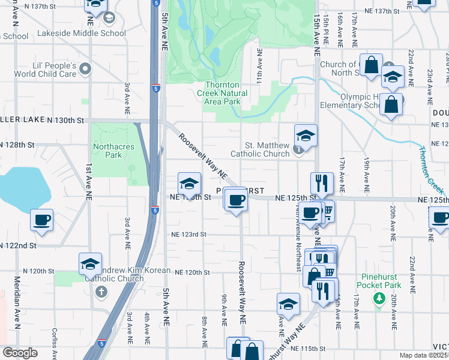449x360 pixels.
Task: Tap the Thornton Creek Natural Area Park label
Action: click(222, 94)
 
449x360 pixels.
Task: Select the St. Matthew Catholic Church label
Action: click(268, 149)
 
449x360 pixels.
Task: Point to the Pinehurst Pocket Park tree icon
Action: click(378, 298)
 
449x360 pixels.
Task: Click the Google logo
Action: click(20, 353)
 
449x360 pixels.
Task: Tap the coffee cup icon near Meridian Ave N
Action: click(42, 221)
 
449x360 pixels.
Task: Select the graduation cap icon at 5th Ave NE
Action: click(189, 184)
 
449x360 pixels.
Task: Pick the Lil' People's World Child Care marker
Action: click(85, 68)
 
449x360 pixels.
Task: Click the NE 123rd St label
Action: click(189, 235)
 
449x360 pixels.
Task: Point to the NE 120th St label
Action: click(192, 272)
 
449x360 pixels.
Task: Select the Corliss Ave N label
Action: click(54, 344)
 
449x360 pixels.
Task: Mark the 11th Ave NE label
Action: click(260, 66)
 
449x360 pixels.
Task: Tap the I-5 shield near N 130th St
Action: click(155, 88)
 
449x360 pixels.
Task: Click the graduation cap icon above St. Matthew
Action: click(306, 136)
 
